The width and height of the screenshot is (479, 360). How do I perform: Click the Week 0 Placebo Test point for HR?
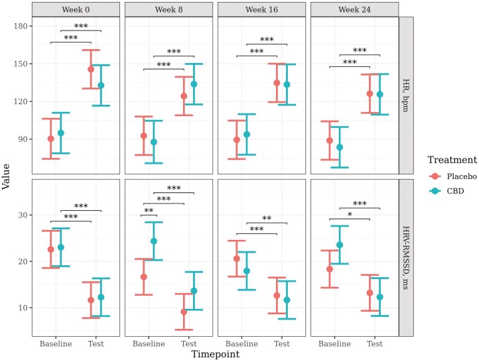(x=91, y=69)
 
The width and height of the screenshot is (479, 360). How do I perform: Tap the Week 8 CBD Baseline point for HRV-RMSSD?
(x=154, y=241)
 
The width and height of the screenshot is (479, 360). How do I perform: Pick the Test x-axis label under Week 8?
(x=189, y=344)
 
